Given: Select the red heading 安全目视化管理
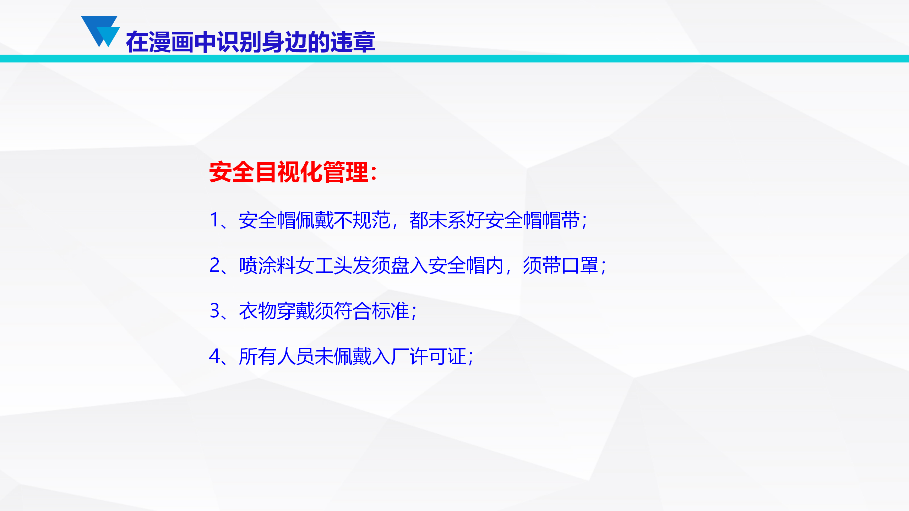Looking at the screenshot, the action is pyautogui.click(x=288, y=172).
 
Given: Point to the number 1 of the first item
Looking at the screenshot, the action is pyautogui.click(x=215, y=220).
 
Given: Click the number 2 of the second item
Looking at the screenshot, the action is pyautogui.click(x=215, y=265).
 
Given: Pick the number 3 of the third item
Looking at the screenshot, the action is pyautogui.click(x=215, y=311).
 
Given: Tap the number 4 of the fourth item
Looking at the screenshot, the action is pyautogui.click(x=215, y=356).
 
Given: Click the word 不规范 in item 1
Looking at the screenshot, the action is pyautogui.click(x=362, y=220).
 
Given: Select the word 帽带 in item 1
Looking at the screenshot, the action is pyautogui.click(x=561, y=220).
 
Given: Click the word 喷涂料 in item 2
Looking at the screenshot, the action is pyautogui.click(x=267, y=265).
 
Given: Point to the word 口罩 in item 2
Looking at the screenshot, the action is pyautogui.click(x=580, y=265).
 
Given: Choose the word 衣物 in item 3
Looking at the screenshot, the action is pyautogui.click(x=258, y=311).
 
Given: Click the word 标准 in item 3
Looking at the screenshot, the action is pyautogui.click(x=390, y=311).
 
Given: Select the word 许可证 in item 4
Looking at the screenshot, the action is pyautogui.click(x=438, y=356).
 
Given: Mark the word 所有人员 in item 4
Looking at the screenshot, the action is pyautogui.click(x=277, y=356).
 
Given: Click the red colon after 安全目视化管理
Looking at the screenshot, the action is pyautogui.click(x=373, y=173).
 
